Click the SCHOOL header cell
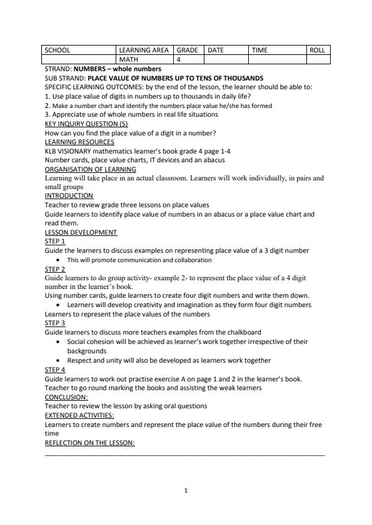click(x=58, y=50)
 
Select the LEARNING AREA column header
click(x=144, y=50)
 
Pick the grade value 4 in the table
click(x=178, y=59)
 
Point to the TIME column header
click(x=259, y=50)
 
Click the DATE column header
click(x=216, y=50)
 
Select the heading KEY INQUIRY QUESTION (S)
click(x=86, y=124)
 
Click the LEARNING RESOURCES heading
click(x=79, y=142)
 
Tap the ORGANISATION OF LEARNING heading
click(x=91, y=169)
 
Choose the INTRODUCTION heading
click(x=69, y=195)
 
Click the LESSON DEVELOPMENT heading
click(x=81, y=232)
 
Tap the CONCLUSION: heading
click(x=66, y=396)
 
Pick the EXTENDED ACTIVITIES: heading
click(x=79, y=415)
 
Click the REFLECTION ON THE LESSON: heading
click(x=89, y=443)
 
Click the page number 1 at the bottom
click(x=186, y=490)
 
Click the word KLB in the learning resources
click(x=51, y=150)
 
